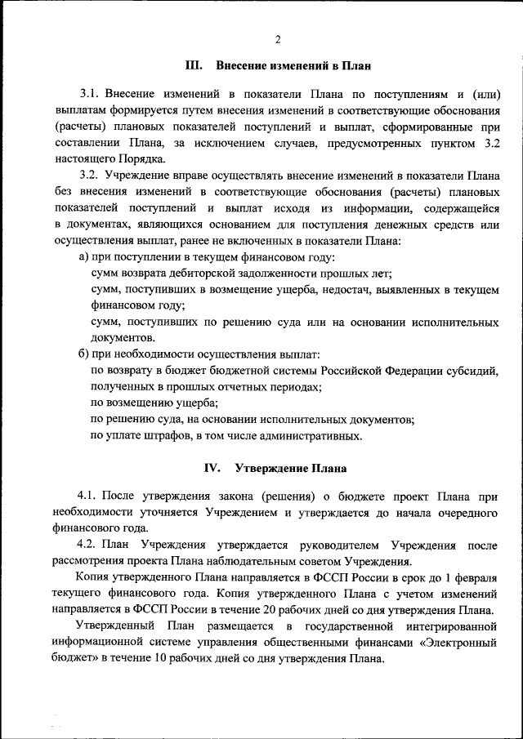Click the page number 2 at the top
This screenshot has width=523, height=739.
point(277,38)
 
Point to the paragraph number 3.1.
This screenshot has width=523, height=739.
point(89,94)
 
